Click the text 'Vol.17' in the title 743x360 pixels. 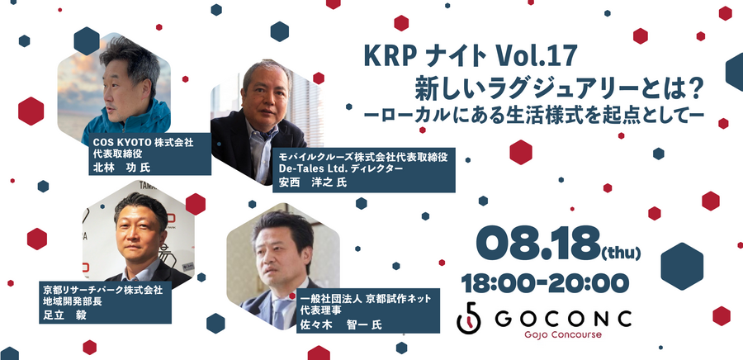[536, 56]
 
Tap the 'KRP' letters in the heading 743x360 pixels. [389, 56]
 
